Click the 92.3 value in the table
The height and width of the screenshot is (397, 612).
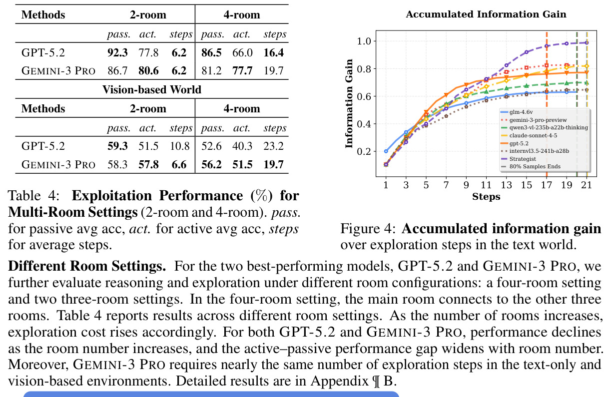point(117,52)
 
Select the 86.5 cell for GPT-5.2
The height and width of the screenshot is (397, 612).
point(211,52)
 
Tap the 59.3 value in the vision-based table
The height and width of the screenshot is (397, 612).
point(117,146)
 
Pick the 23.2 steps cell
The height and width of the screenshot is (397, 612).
point(273,146)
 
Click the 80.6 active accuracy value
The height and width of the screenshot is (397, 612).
point(149,71)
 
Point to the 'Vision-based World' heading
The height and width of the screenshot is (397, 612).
point(152,89)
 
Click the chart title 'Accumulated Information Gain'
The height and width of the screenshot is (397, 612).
point(486,14)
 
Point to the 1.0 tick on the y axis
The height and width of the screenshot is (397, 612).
point(365,41)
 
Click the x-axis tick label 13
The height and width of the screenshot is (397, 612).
point(506,185)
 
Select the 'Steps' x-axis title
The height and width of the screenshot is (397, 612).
point(486,197)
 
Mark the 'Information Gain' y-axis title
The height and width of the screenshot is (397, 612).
point(349,104)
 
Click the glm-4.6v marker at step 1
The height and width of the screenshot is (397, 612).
point(386,151)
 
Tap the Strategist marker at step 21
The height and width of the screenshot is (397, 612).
point(587,42)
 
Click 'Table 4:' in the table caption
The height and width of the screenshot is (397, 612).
point(34,195)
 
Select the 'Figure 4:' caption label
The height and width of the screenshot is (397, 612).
point(368,229)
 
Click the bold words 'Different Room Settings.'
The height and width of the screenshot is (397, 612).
point(87,266)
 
